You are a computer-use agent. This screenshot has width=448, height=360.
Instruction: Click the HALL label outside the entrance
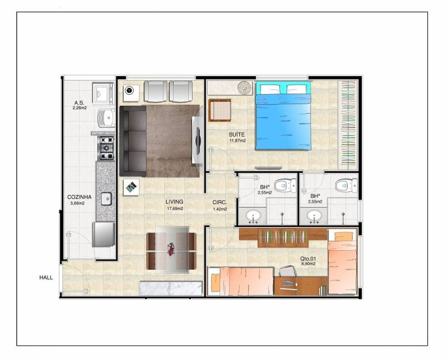pos(46,278)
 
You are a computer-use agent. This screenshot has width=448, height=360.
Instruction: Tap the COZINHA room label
pos(80,197)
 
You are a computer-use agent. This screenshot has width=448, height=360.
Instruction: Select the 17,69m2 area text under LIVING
pos(175,209)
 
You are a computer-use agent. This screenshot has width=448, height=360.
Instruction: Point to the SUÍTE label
pos(236,134)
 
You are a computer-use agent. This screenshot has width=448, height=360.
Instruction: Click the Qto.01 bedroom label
pos(308,259)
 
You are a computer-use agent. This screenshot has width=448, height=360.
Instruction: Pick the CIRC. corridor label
pos(220,202)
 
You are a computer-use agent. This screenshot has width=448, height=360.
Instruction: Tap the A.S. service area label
pos(79,102)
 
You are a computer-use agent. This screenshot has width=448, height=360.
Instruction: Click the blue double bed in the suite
pos(283,116)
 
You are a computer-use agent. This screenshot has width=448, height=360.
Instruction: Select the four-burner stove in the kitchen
pos(106,148)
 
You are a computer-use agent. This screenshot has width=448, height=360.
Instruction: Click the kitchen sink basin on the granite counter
pos(106,199)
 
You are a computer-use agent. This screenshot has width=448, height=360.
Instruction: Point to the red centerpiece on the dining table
pos(171,248)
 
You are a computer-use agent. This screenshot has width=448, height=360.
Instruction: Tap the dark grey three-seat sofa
pos(133,141)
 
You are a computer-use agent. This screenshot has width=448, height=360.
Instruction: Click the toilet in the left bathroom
pos(285,185)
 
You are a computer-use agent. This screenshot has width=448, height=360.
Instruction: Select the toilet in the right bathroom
pos(346,185)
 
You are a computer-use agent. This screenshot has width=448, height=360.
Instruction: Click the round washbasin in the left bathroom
pos(253,216)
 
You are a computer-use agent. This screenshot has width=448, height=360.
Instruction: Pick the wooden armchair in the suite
pos(220,110)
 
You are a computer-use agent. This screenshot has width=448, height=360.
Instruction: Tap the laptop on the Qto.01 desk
pos(288,283)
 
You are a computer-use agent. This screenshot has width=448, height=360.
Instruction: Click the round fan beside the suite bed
pos(245,88)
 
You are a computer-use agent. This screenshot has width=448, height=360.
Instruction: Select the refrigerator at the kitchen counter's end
pos(104,234)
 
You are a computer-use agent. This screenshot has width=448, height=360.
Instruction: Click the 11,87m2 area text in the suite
pos(237,141)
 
